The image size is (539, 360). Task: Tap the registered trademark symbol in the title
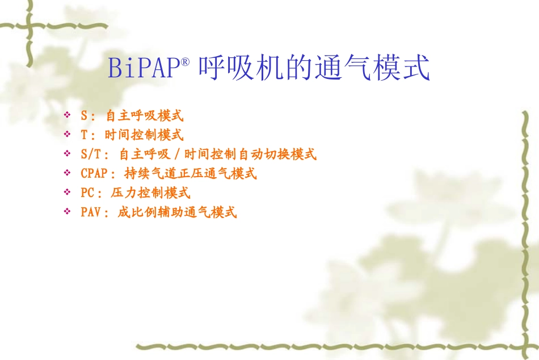coord(184,61)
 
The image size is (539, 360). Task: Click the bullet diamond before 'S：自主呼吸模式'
coord(68,116)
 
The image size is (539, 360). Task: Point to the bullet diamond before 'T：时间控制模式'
coord(68,135)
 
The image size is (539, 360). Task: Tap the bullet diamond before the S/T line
coord(68,154)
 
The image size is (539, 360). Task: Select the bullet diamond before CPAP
coord(68,173)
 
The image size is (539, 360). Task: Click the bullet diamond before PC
coord(68,193)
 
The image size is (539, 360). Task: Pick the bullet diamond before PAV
coord(68,212)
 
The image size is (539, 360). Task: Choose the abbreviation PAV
coord(91,213)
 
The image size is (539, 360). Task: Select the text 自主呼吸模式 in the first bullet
coord(145,116)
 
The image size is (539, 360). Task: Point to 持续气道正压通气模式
coord(190,173)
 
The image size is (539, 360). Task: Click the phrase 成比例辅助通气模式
coord(177,213)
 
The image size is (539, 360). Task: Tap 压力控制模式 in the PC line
coord(150,193)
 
